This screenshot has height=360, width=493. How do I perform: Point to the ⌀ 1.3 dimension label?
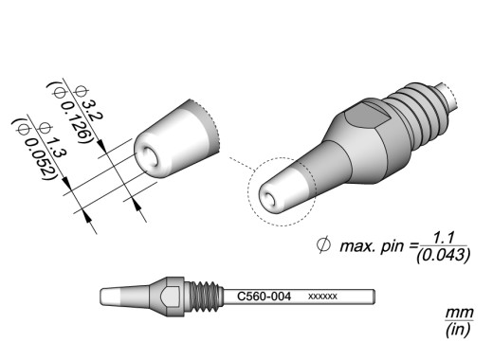click(52, 140)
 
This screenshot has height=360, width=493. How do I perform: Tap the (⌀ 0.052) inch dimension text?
click(35, 150)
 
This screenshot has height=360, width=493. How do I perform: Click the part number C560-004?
click(264, 297)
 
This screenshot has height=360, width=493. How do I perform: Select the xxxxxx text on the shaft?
click(322, 297)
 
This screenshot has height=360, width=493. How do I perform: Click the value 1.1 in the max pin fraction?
click(443, 238)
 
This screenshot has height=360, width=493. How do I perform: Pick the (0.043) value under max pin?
click(443, 255)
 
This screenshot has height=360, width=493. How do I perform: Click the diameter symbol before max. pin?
click(323, 245)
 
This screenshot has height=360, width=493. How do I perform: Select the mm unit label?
click(460, 313)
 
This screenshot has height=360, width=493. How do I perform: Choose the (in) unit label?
click(458, 330)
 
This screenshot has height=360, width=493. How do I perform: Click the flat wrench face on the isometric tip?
click(368, 116)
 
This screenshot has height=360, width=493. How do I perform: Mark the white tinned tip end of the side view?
click(110, 297)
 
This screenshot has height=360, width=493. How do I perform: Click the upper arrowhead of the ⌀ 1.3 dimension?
click(66, 184)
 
